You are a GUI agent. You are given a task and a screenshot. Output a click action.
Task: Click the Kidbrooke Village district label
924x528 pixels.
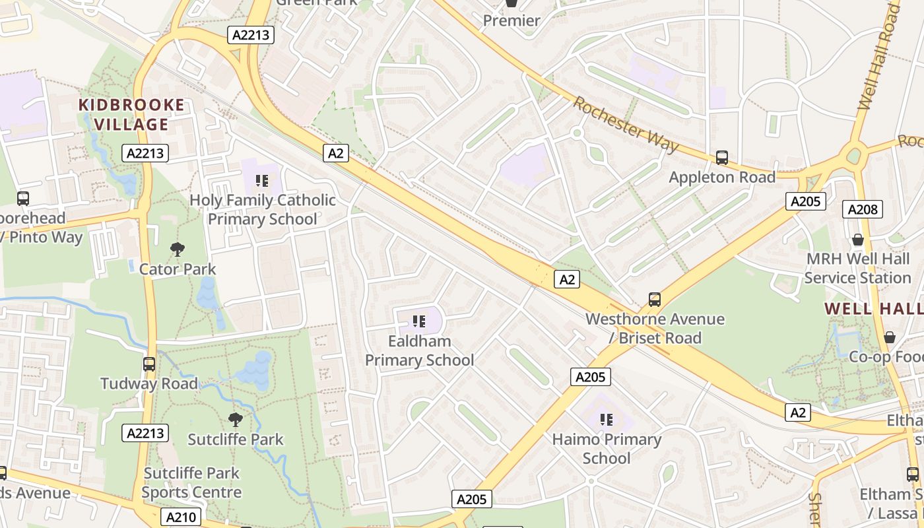point(131,114)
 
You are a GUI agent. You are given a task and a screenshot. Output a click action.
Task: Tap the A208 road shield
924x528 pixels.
point(862,210)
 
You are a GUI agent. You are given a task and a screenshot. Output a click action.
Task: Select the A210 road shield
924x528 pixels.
point(180,517)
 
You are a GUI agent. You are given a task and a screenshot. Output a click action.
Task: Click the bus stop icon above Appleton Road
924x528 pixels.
point(722,158)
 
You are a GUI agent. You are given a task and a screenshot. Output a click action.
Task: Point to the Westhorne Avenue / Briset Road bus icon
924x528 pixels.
point(654,300)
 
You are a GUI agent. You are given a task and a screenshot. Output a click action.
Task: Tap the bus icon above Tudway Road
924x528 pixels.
point(149,364)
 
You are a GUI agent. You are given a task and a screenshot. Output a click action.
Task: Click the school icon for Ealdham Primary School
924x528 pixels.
point(418,321)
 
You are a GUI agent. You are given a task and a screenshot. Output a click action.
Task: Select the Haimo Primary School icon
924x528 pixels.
point(607,419)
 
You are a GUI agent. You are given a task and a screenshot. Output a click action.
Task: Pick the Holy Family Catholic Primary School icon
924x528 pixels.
point(262,180)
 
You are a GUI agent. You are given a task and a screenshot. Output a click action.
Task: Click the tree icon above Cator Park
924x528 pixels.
point(177,249)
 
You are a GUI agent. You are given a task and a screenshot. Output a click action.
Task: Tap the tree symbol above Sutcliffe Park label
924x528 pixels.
point(235,419)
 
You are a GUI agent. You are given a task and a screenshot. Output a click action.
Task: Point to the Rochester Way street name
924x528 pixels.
point(625,125)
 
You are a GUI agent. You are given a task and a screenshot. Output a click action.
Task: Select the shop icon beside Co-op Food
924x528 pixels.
point(889,337)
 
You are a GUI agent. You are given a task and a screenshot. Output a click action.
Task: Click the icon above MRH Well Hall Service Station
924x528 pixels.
point(857,239)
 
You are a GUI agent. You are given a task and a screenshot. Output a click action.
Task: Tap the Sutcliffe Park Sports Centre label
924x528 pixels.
point(191,482)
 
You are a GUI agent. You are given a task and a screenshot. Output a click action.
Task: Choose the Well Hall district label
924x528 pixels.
point(873,308)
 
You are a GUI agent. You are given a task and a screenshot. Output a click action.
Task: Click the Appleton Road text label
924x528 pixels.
point(722,178)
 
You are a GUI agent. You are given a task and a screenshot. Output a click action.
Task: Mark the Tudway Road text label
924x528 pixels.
point(148,383)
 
